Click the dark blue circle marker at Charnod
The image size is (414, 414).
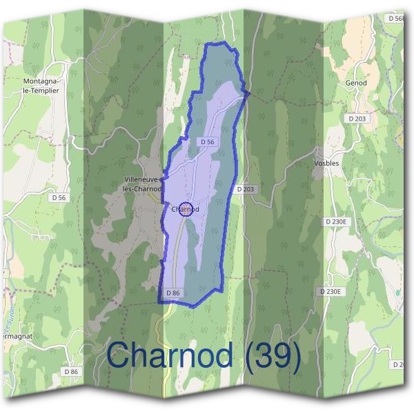[x=185, y=209]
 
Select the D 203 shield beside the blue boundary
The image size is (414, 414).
[x=246, y=189]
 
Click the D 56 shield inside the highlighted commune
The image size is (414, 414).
[x=207, y=141]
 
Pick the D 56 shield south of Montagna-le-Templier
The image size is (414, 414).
[x=59, y=197]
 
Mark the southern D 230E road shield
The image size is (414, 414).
[x=331, y=292]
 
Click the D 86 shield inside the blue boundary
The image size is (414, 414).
[x=173, y=293]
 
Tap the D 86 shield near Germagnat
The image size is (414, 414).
[x=71, y=372]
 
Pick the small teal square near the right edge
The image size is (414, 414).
[x=398, y=293]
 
